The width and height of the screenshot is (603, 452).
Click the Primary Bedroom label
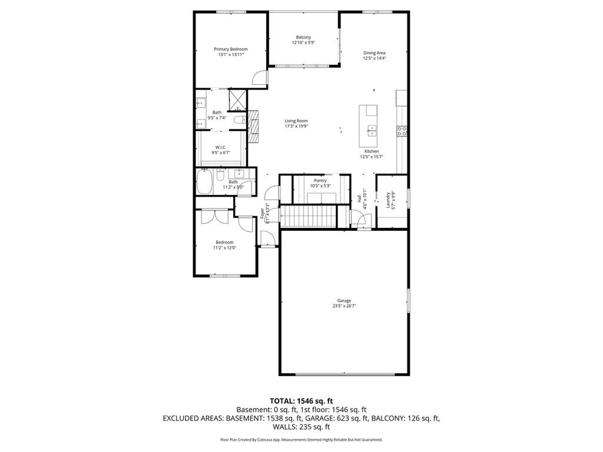[230, 49]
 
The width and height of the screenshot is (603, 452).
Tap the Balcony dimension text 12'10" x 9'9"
[303, 43]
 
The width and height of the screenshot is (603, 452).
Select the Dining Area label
[374, 53]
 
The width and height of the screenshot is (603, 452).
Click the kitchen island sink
[372, 130]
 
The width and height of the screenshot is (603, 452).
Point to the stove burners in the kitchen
[402, 131]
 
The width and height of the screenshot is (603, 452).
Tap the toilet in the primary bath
[238, 120]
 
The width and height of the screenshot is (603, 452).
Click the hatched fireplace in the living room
[254, 126]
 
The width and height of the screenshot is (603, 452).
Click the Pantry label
[320, 181]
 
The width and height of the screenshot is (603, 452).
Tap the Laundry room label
[387, 201]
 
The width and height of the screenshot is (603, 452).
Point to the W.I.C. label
[220, 147]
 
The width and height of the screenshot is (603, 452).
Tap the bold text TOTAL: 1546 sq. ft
[301, 401]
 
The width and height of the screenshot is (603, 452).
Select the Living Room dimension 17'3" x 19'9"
[296, 126]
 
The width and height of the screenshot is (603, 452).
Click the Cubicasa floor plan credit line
[301, 440]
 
